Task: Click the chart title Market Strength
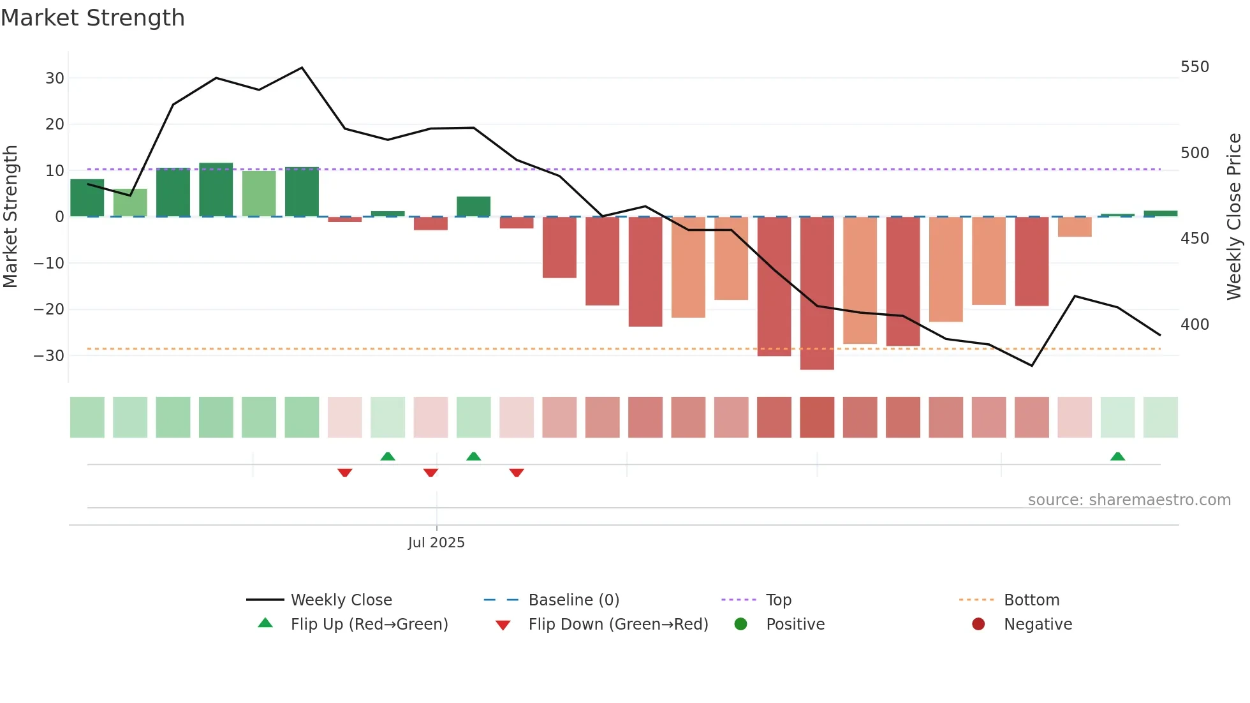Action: click(92, 18)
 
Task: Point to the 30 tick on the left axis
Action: click(55, 78)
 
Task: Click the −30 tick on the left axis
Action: click(49, 356)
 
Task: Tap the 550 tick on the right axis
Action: click(1195, 67)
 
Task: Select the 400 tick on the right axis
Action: click(1195, 325)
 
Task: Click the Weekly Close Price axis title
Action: click(1234, 217)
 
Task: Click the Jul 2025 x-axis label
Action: click(436, 543)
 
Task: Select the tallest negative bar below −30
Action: click(817, 293)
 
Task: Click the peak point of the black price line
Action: click(302, 68)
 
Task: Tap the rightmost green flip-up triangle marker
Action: click(1117, 457)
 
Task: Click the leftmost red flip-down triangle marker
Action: click(345, 473)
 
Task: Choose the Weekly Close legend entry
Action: click(341, 600)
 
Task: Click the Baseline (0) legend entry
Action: click(573, 600)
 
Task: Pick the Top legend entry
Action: click(778, 600)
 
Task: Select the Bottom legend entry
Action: click(1031, 600)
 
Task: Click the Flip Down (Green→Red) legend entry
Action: click(618, 625)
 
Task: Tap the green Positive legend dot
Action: click(740, 625)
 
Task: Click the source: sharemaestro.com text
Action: click(1129, 500)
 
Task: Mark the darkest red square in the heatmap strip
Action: click(817, 417)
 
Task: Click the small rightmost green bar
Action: click(1160, 214)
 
